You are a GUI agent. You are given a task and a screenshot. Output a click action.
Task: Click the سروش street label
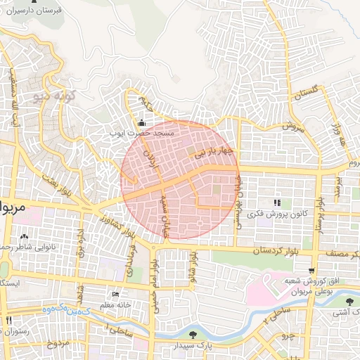click(292, 127)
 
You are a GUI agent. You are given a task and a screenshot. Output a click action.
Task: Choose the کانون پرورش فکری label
click(281, 212)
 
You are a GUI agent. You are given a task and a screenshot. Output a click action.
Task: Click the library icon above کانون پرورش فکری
click(276, 202)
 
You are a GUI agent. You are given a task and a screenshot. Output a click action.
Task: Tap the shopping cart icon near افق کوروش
click(311, 271)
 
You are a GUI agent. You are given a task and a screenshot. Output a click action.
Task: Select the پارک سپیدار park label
click(193, 346)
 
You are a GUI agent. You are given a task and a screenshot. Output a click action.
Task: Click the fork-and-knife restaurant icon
click(9, 320)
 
